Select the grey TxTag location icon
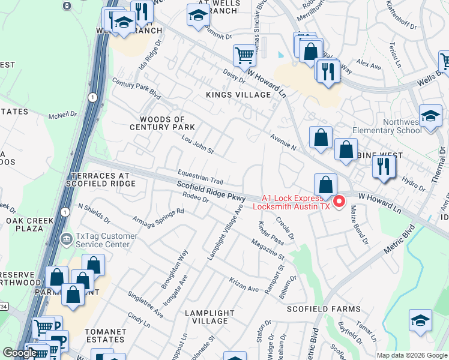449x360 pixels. point(66,239)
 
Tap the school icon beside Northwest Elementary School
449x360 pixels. point(430,116)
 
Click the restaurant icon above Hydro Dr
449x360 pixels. point(383,166)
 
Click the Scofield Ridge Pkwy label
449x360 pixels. point(212,193)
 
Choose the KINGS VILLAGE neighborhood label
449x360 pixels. point(238,95)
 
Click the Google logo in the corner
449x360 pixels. point(19,353)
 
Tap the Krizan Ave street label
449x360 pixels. point(244,284)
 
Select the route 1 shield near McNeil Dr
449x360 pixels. point(92,97)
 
